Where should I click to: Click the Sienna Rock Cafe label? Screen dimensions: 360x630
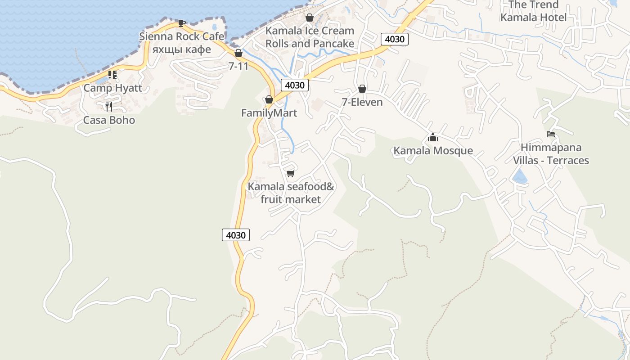pos(182,36)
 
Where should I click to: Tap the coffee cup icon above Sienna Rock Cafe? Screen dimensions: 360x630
pos(181,23)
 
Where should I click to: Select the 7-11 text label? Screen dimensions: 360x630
pos(238,66)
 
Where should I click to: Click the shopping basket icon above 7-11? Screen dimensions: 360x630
pos(238,53)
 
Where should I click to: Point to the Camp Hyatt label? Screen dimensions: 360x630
pos(112,88)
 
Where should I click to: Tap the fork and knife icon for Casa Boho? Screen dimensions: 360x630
pos(108,107)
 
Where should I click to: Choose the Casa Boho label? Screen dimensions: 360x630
pos(109,120)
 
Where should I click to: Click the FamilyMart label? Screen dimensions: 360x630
pos(269,113)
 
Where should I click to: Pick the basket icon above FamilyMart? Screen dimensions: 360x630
pos(269,99)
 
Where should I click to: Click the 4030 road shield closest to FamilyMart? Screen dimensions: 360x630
pos(295,85)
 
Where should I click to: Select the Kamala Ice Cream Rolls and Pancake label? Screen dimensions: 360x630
pos(310,37)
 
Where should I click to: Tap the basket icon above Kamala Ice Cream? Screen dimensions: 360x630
pos(310,18)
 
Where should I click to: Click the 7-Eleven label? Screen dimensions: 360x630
pos(362,102)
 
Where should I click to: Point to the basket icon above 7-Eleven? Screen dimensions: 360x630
pos(362,89)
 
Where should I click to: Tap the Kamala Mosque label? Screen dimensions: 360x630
pos(433,150)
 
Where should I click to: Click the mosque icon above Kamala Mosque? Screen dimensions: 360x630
pos(433,137)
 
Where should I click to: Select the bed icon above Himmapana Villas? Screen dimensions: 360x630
pos(551,134)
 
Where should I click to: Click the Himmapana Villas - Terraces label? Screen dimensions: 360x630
pos(551,154)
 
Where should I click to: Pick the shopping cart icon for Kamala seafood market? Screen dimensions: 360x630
pos(291,173)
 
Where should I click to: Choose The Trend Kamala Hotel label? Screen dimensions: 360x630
pos(533,11)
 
